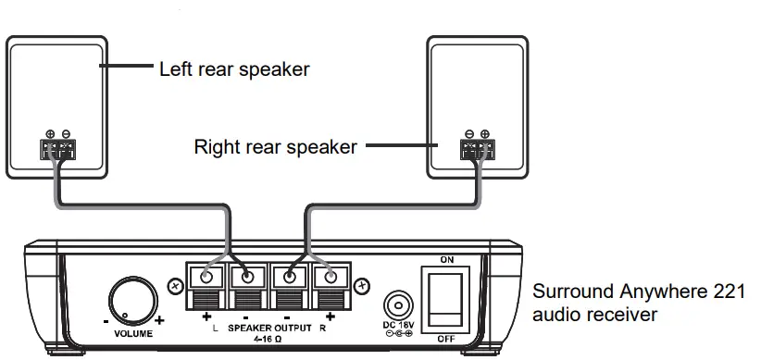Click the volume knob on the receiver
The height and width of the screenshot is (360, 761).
[x=131, y=301]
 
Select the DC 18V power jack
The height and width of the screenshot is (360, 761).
[x=396, y=306]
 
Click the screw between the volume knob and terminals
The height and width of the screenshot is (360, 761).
[x=175, y=286]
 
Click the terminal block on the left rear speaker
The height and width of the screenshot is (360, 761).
[x=58, y=149]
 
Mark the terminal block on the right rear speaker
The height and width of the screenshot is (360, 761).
[x=477, y=149]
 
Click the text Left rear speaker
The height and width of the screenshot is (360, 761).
[x=233, y=68]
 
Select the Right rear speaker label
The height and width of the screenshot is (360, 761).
[x=275, y=147]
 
